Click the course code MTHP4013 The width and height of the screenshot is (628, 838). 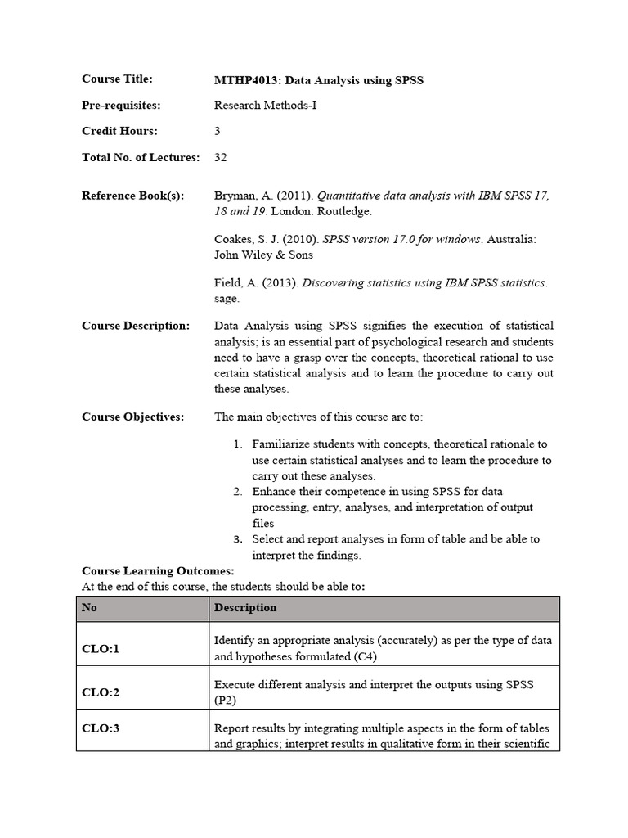coord(243,80)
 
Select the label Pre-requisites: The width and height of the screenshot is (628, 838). coord(121,106)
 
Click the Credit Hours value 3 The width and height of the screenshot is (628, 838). coord(218,131)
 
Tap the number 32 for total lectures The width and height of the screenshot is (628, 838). coord(221,157)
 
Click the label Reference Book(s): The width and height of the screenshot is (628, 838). coord(132,196)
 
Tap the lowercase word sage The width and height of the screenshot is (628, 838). coord(226,299)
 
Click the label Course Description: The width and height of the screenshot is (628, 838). coord(135,326)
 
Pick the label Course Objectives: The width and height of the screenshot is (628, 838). coord(132,417)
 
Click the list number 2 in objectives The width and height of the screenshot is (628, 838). coord(237,492)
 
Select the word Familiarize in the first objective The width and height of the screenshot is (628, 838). coord(284,444)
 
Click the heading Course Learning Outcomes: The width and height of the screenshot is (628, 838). coord(158,570)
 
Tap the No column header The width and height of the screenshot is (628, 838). coord(89,608)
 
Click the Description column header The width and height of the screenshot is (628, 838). coord(245,608)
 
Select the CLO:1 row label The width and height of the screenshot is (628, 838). coord(101,649)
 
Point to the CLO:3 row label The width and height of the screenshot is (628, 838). coord(101,728)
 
